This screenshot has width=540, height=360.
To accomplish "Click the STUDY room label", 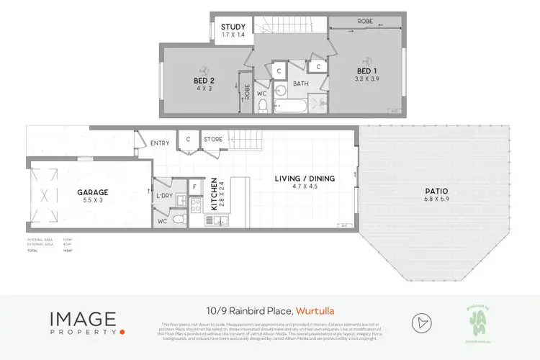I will (x=233, y=27).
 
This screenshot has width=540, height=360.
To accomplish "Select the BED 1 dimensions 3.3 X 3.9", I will (x=367, y=78).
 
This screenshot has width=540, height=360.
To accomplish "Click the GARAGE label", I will (x=93, y=192).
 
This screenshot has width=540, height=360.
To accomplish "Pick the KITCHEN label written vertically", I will (x=214, y=194).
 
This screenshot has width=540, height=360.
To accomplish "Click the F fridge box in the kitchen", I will (x=194, y=186).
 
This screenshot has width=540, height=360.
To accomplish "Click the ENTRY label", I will (x=160, y=143).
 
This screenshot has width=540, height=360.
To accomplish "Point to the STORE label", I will (x=212, y=139).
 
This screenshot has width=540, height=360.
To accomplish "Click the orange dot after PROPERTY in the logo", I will (x=122, y=332).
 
